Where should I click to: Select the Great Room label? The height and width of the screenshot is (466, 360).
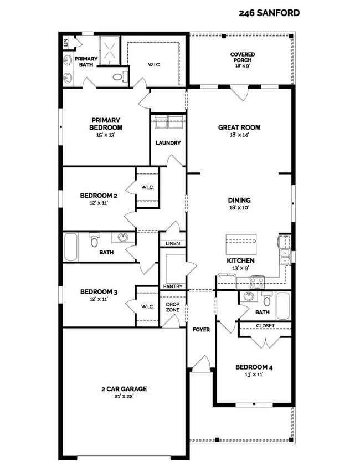point(239,130)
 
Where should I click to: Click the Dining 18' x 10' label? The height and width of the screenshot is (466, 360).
point(239,204)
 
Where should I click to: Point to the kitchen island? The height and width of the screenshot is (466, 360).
point(241,243)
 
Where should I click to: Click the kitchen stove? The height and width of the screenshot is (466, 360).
point(258,282)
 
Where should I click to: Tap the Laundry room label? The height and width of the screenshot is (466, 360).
point(168,142)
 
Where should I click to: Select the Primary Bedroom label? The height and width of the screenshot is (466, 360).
point(106,124)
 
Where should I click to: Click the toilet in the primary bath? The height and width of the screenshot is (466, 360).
point(118,77)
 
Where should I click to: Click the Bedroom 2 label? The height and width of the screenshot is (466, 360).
point(99,198)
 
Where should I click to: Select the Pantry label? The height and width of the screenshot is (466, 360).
point(172,286)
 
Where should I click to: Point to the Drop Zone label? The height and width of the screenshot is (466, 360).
point(172,307)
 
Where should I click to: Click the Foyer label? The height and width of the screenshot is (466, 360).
point(201,330)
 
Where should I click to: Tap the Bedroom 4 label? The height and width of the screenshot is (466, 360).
point(253,370)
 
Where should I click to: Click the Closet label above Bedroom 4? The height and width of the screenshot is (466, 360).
point(265,326)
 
